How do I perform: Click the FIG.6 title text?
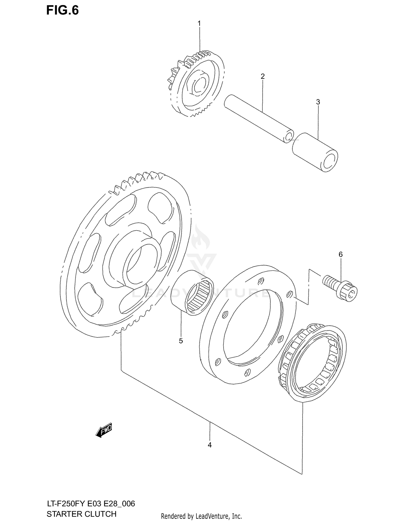pyautogui.click(x=62, y=10)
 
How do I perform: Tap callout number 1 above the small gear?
pyautogui.click(x=199, y=23)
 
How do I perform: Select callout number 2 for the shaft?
pyautogui.click(x=262, y=76)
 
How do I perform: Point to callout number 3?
pyautogui.click(x=318, y=102)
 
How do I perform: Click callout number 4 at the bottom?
pyautogui.click(x=210, y=445)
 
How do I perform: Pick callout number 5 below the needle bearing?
pyautogui.click(x=181, y=341)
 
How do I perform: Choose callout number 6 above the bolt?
pyautogui.click(x=340, y=254)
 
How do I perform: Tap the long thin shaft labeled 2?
pyautogui.click(x=258, y=118)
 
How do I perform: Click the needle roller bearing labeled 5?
pyautogui.click(x=192, y=293)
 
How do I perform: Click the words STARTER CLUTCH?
pyautogui.click(x=81, y=514)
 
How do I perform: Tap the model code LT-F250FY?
pyautogui.click(x=66, y=504)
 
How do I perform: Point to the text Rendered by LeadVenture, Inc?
pyautogui.click(x=201, y=516)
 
